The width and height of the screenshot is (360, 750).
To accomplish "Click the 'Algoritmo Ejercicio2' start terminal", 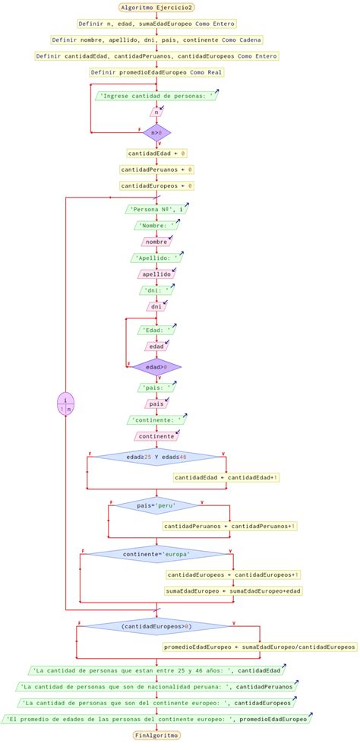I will [156, 7].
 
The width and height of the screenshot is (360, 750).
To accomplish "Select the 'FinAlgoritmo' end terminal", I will [156, 735].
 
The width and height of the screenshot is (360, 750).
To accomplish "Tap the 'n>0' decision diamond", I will [156, 132].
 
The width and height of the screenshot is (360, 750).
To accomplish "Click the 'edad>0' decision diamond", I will [156, 367].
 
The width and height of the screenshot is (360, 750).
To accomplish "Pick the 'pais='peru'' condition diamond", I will [156, 505].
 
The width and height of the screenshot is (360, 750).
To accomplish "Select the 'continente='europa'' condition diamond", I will [156, 554].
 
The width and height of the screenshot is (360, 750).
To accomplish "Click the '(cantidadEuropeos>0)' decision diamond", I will [156, 627].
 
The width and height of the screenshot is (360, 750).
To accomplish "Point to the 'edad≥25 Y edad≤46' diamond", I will [156, 457].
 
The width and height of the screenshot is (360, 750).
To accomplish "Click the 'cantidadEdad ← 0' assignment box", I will [156, 153].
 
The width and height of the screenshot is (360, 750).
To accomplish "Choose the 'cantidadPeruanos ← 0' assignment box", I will [156, 169].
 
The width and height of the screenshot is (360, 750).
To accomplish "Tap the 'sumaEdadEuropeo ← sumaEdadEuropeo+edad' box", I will [234, 590].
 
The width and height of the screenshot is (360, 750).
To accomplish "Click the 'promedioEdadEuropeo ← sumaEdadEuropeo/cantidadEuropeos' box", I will [259, 647].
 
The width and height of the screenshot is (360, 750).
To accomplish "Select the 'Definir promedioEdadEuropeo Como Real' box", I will [156, 72].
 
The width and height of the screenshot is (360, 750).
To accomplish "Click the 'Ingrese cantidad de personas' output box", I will [156, 96].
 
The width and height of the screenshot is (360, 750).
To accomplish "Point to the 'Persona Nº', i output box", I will [156, 209].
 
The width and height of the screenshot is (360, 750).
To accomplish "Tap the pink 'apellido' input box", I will [156, 274].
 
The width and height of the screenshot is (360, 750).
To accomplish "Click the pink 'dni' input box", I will [156, 306].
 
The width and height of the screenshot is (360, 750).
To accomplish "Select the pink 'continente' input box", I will [156, 436].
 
